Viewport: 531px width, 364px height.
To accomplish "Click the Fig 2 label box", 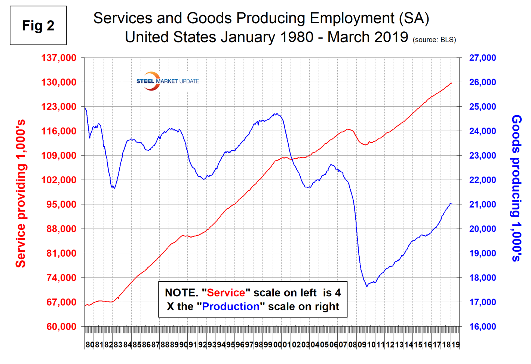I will point(38,25).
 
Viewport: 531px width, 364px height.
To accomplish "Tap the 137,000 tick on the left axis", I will point(61,58).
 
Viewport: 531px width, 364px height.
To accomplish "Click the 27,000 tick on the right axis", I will point(482,58).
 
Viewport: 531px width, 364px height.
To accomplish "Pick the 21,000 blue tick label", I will point(482,204).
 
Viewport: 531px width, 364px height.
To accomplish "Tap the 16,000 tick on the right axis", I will point(482,327).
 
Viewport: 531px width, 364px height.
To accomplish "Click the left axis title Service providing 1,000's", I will point(21,193).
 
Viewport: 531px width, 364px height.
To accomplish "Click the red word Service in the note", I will point(226,293).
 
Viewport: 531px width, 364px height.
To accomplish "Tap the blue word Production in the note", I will point(230,307).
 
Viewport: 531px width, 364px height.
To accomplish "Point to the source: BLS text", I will point(434,40).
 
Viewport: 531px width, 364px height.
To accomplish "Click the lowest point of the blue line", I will point(367,287).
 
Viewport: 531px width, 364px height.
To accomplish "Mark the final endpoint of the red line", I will point(452,83).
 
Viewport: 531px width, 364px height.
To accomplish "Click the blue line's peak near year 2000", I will point(276,114).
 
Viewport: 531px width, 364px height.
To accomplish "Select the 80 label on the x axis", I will point(89,345).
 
